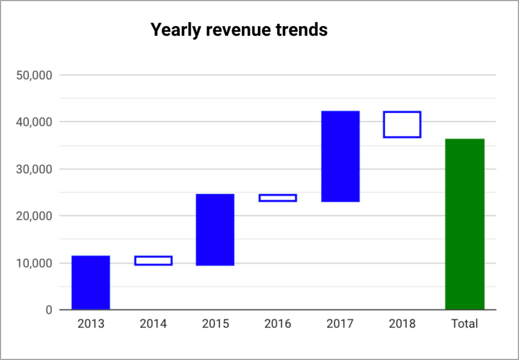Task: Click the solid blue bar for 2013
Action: [x=90, y=283]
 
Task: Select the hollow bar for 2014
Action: [x=153, y=260]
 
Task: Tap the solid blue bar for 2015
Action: [x=215, y=230]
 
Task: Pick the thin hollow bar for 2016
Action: [x=278, y=198]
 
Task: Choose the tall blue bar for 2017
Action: [x=340, y=156]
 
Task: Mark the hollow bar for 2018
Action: [x=402, y=124]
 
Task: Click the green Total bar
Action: [x=464, y=224]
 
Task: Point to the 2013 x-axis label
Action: [x=90, y=324]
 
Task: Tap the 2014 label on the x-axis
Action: [x=153, y=324]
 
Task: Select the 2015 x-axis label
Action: [x=215, y=324]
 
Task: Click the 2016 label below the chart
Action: [x=278, y=324]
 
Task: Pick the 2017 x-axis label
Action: [x=340, y=324]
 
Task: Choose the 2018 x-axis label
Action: [x=402, y=324]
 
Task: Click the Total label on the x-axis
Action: [x=464, y=324]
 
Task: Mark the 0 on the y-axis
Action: [x=48, y=310]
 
